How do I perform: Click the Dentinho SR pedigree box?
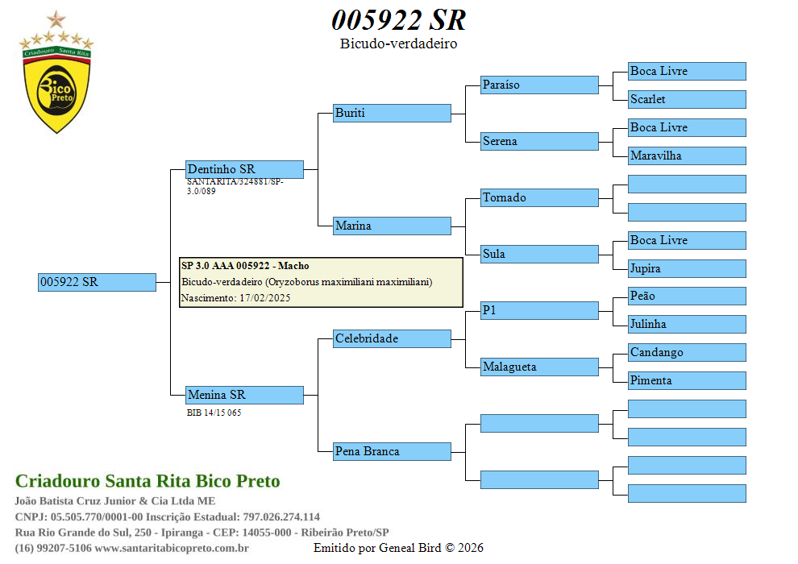244,169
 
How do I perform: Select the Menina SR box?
244,395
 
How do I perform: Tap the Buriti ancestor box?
392,113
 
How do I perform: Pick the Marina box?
392,226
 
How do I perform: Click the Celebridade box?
392,338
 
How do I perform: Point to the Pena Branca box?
392,451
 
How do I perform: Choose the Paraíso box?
539,85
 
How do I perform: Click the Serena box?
539,141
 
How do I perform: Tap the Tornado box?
539,197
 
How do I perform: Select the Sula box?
539,254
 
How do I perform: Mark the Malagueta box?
539,367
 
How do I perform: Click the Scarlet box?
687,99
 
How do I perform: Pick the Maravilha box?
687,156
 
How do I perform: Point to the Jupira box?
687,268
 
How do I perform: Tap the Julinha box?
687,324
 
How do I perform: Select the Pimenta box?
687,380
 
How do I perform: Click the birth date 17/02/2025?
264,298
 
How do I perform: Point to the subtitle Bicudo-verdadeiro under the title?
398,44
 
